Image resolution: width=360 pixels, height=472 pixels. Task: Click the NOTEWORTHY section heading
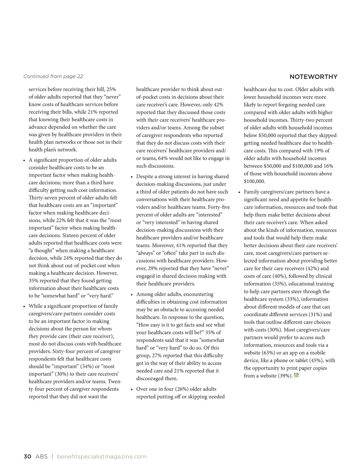[313, 77]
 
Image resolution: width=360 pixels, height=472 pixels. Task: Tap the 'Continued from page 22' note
[53, 76]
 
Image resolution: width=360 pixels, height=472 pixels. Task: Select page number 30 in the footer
[27, 457]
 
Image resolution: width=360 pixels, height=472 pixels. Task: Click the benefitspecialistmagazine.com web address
[101, 457]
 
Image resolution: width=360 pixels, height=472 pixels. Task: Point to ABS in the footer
[41, 457]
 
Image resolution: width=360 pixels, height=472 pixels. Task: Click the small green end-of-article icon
[296, 375]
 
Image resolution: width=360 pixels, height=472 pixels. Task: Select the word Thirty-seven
[43, 198]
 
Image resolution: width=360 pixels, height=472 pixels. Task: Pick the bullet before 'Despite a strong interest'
[132, 177]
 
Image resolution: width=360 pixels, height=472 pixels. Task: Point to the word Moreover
[163, 245]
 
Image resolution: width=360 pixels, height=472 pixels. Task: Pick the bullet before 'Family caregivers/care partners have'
[239, 192]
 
